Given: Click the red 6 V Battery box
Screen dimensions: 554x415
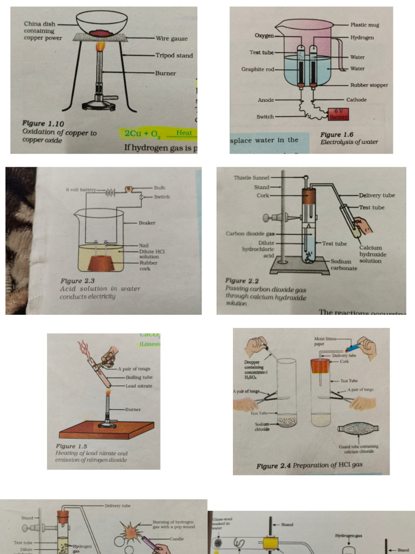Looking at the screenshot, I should click(339, 114).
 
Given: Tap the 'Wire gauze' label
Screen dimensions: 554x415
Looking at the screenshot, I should click(171, 38).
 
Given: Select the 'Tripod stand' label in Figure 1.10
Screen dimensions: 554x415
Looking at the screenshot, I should click(174, 55).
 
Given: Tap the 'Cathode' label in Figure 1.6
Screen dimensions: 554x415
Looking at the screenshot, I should click(356, 100).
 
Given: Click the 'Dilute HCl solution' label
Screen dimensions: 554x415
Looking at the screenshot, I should click(152, 254).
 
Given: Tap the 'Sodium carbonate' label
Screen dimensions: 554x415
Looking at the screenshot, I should click(344, 265).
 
